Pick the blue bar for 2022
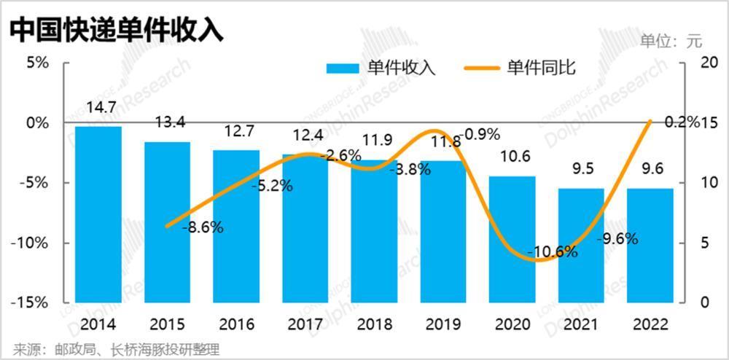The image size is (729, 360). [x=650, y=245]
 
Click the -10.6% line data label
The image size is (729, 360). [x=552, y=253]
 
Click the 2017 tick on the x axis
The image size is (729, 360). [x=305, y=323]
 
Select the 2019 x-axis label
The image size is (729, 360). [x=443, y=323]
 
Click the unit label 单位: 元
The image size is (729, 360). [x=671, y=41]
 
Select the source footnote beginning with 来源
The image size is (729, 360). [x=117, y=348]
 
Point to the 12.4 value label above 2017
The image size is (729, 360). [x=305, y=135]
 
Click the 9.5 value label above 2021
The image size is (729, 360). [x=581, y=170]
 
